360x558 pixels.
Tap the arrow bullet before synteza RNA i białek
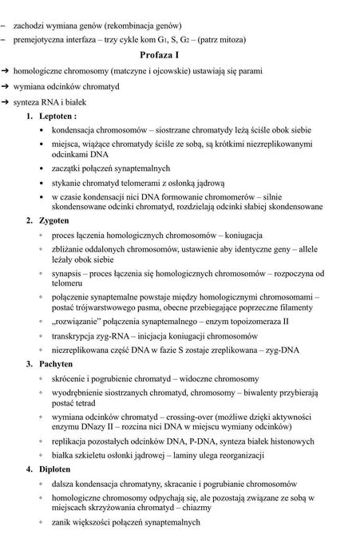click(x=6, y=103)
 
